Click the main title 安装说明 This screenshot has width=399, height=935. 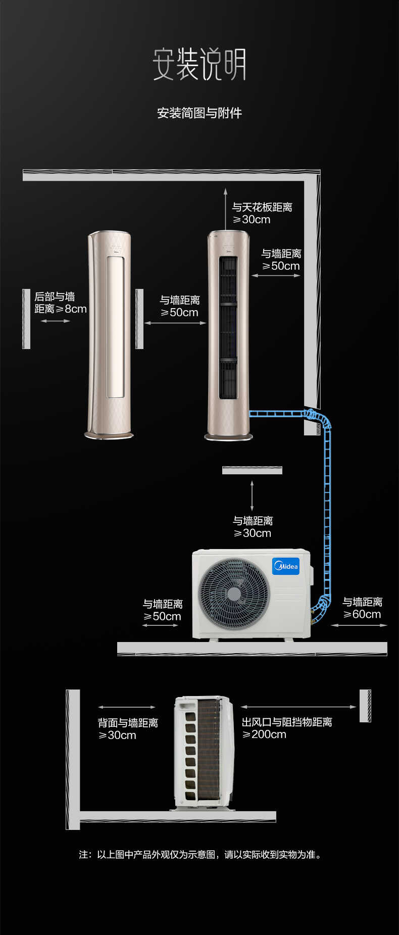point(199,64)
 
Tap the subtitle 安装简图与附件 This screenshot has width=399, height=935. point(199,113)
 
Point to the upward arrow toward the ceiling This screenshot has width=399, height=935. point(225,208)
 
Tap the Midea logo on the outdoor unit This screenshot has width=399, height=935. point(286,566)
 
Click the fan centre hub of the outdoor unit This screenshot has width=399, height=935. point(234,594)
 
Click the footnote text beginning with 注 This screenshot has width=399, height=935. point(200,854)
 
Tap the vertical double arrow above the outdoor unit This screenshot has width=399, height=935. point(252,496)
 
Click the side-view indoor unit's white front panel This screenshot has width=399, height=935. point(115,326)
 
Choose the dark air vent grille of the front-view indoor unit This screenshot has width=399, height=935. point(228,327)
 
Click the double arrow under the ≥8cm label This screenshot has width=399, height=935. point(56,321)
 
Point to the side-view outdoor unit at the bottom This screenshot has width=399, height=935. point(204,753)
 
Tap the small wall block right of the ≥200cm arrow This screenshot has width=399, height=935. point(365,706)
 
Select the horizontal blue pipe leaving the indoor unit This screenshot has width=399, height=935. point(277,414)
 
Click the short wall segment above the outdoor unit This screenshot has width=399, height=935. point(252,470)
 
